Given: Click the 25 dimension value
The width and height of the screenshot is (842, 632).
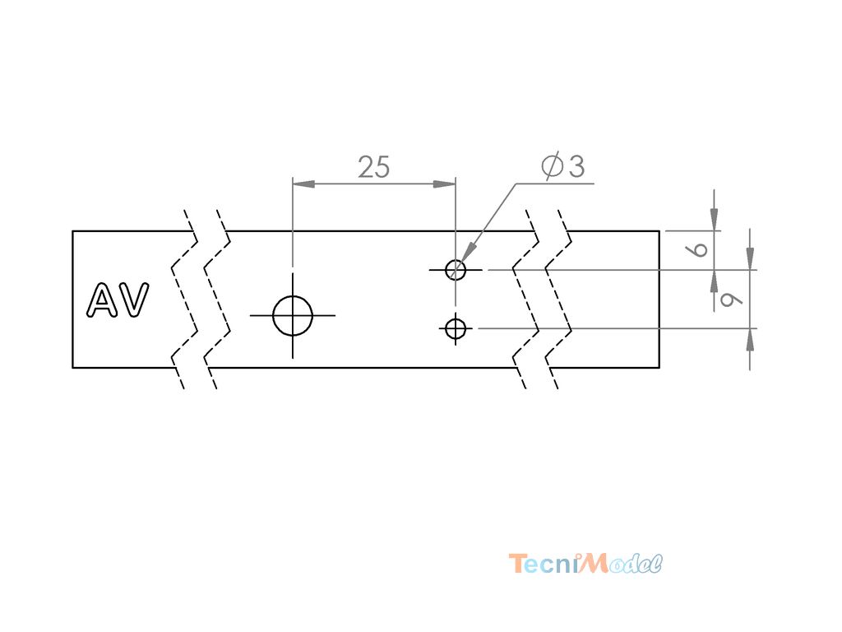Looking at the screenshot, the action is point(374,167).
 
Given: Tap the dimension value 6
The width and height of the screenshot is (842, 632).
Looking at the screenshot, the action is point(699,249).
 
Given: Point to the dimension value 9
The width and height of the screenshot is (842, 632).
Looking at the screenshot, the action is point(730,299).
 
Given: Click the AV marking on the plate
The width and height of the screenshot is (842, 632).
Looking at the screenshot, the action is point(118,300).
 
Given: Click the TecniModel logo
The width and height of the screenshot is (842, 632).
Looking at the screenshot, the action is point(585,563).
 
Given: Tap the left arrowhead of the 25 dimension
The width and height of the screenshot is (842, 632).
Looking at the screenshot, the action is point(303,184).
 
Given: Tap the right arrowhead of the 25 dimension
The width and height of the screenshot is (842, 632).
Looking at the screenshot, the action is point(445,184).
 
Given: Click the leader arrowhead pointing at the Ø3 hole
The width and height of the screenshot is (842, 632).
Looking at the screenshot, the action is point(468,253).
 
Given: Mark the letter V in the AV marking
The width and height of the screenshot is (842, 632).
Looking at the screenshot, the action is point(134,300).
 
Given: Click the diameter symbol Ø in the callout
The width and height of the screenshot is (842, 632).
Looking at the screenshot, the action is point(552,165).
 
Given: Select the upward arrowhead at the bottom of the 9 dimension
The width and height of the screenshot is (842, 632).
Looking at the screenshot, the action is point(750,341).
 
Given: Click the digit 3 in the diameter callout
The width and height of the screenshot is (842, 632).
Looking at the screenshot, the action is point(576,166).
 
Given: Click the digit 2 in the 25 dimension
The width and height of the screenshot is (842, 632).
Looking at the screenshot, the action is point(366,167).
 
